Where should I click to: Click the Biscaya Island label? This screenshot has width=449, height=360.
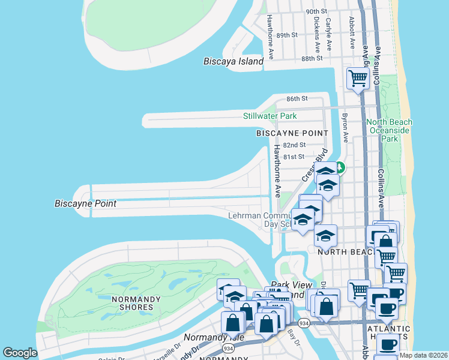point(234,61)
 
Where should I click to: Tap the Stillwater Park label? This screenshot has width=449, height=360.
point(270,116)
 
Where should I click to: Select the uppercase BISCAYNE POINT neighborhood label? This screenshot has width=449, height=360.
point(292,133)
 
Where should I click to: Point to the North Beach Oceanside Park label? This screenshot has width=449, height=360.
point(390,130)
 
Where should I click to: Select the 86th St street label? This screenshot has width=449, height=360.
point(297,98)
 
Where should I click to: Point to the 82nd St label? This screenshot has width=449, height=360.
point(294,145)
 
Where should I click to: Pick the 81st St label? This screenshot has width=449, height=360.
point(294,157)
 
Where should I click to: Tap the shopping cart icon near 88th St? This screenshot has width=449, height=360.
point(358,78)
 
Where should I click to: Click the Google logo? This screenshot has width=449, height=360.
point(20,353)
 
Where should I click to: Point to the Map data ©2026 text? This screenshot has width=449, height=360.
point(423,355)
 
